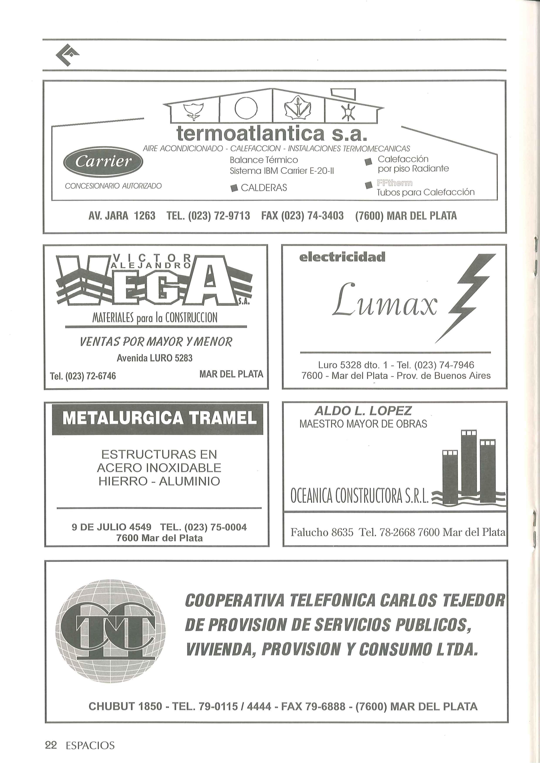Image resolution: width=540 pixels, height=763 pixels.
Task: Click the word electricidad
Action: (x=342, y=257)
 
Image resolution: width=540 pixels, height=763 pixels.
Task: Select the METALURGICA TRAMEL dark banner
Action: (x=157, y=418)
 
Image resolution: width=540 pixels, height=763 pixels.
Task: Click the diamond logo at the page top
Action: (x=67, y=55)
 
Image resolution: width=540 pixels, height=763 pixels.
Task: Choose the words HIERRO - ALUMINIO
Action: (x=159, y=481)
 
